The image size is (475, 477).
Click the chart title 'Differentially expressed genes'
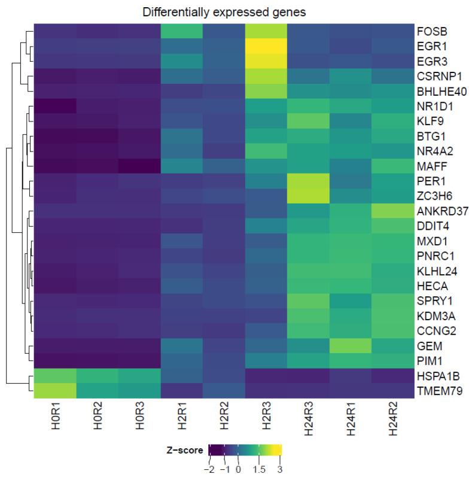[224, 12]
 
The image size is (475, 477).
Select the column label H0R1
[54, 419]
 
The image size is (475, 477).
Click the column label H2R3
[267, 419]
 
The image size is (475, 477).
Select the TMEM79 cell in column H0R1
[54, 391]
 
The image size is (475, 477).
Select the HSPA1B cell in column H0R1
[54, 376]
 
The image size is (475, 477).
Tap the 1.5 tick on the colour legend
[258, 468]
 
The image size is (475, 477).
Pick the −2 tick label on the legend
[208, 468]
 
